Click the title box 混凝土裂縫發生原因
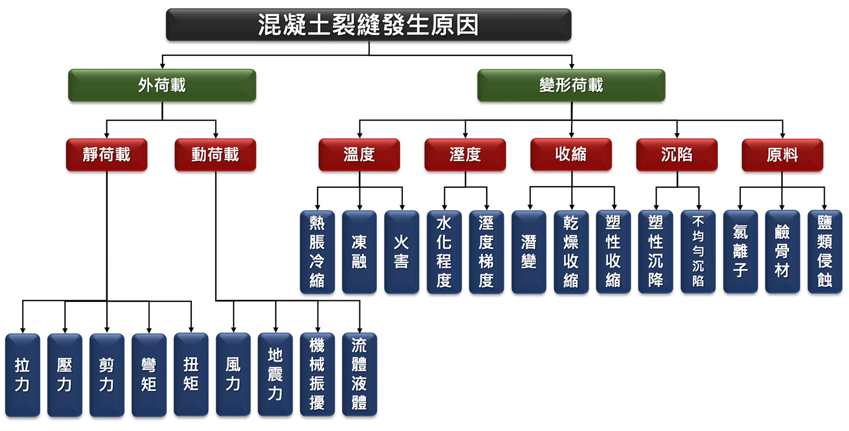click(368, 25)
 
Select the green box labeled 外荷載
click(162, 85)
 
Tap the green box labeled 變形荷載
click(571, 85)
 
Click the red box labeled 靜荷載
click(106, 154)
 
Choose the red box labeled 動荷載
click(215, 154)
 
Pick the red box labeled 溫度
click(359, 154)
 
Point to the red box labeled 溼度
click(465, 154)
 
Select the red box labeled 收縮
click(571, 154)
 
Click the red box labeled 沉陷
click(676, 154)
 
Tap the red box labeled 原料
click(782, 154)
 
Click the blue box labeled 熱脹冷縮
click(317, 252)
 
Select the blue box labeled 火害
click(401, 252)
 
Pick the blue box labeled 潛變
click(529, 252)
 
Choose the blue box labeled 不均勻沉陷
click(698, 252)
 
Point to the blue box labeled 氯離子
click(740, 252)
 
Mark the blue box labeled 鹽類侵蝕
click(825, 252)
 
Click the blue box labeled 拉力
click(22, 375)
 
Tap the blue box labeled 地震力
click(275, 374)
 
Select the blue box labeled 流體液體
click(359, 374)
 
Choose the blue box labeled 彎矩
click(149, 375)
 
